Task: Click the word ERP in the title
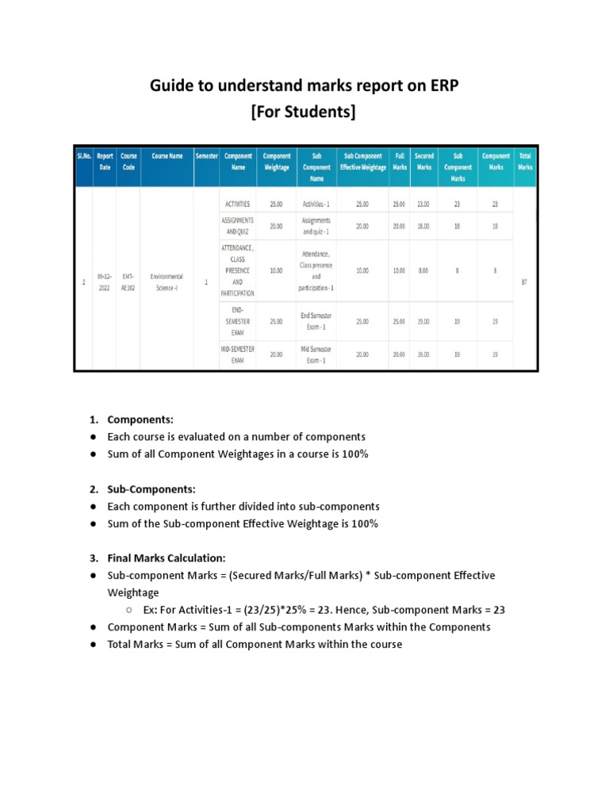pos(439,86)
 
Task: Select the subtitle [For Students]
pos(304,113)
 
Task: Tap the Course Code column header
pos(128,162)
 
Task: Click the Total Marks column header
pos(524,162)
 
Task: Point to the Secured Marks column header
pos(423,162)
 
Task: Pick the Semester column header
pos(205,156)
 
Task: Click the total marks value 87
pos(524,282)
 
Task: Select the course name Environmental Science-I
pos(167,282)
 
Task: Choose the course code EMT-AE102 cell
pos(128,282)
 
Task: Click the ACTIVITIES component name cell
pos(237,204)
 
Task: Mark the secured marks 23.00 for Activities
pos(423,204)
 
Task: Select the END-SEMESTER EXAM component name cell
pos(237,321)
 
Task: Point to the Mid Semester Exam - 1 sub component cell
pos(316,354)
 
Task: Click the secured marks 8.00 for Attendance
pos(423,270)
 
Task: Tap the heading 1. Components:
pos(140,419)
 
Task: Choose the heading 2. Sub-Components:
pos(151,489)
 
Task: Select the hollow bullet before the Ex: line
pos(128,611)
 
